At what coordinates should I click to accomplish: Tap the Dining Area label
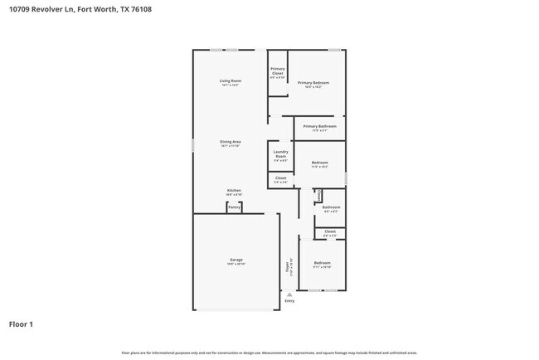point(230,142)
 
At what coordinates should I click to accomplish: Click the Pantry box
point(235,207)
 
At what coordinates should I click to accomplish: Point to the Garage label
point(236,260)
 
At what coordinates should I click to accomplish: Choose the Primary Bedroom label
point(313,83)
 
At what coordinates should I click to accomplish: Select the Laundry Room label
point(280,154)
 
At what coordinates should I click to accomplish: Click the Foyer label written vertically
point(289,267)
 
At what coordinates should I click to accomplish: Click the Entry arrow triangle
point(289,294)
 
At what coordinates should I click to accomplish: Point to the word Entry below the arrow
point(289,301)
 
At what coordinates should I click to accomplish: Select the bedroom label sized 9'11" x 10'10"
point(322,265)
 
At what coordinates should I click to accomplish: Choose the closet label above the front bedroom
point(330,232)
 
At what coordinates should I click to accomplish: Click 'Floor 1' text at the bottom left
point(21,324)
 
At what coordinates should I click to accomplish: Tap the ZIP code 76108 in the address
point(142,10)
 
